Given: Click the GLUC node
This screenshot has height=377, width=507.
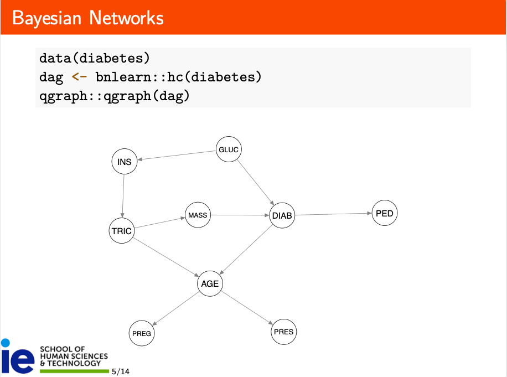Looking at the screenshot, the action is click(x=229, y=149).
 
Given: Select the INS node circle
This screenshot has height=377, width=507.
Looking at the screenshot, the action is click(x=125, y=161).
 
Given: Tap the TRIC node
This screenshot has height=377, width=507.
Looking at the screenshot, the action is click(x=122, y=231).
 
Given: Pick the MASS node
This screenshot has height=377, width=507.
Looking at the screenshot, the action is click(x=198, y=215).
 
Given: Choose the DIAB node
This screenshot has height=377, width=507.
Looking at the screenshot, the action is click(x=282, y=215).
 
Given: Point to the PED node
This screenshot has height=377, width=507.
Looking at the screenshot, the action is click(x=385, y=213).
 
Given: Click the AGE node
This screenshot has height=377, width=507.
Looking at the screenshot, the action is click(x=210, y=283).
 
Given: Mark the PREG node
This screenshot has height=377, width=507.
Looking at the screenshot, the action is click(x=142, y=333).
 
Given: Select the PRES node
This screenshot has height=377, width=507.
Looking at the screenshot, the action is click(x=283, y=332).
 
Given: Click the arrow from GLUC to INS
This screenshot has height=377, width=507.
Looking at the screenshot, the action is click(x=177, y=155).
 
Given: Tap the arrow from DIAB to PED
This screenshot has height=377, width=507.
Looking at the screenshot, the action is click(x=333, y=214).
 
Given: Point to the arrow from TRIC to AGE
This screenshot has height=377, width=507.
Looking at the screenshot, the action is click(x=166, y=257).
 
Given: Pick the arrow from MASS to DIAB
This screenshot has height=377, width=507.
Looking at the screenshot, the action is click(x=240, y=215).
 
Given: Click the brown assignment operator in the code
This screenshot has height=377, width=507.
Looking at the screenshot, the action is click(x=79, y=77).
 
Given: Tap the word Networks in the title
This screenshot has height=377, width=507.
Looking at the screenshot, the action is click(x=126, y=18).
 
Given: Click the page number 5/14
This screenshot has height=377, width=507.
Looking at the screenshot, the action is click(x=121, y=371).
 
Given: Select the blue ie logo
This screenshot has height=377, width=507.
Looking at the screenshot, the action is click(x=18, y=356).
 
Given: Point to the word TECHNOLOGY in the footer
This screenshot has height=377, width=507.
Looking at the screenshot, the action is click(x=74, y=363).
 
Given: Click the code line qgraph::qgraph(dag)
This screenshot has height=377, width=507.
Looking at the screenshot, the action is click(x=114, y=96).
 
